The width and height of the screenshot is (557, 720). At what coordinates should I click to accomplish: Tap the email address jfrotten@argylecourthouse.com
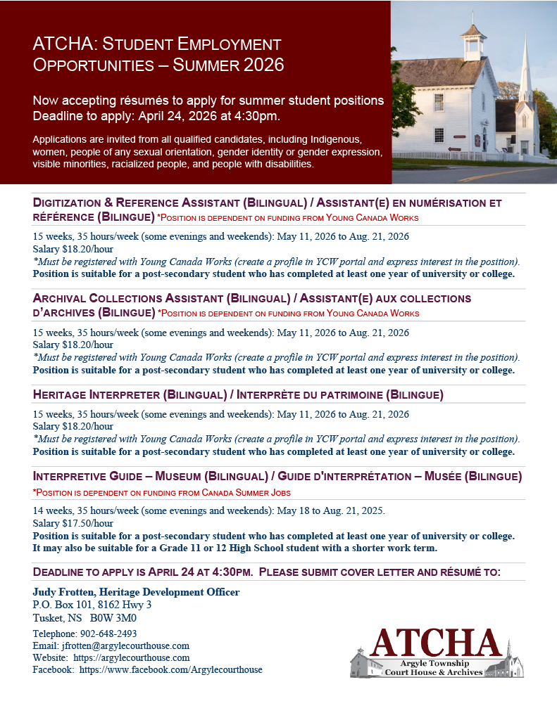click(125, 645)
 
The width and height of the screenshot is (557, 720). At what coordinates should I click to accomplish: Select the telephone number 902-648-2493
click(106, 634)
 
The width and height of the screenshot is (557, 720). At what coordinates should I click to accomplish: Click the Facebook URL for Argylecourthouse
click(170, 669)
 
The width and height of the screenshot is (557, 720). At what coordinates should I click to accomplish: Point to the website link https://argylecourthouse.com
click(134, 657)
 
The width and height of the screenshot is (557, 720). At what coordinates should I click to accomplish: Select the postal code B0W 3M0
click(113, 618)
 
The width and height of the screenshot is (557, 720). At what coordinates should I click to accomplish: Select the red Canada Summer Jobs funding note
click(161, 492)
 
